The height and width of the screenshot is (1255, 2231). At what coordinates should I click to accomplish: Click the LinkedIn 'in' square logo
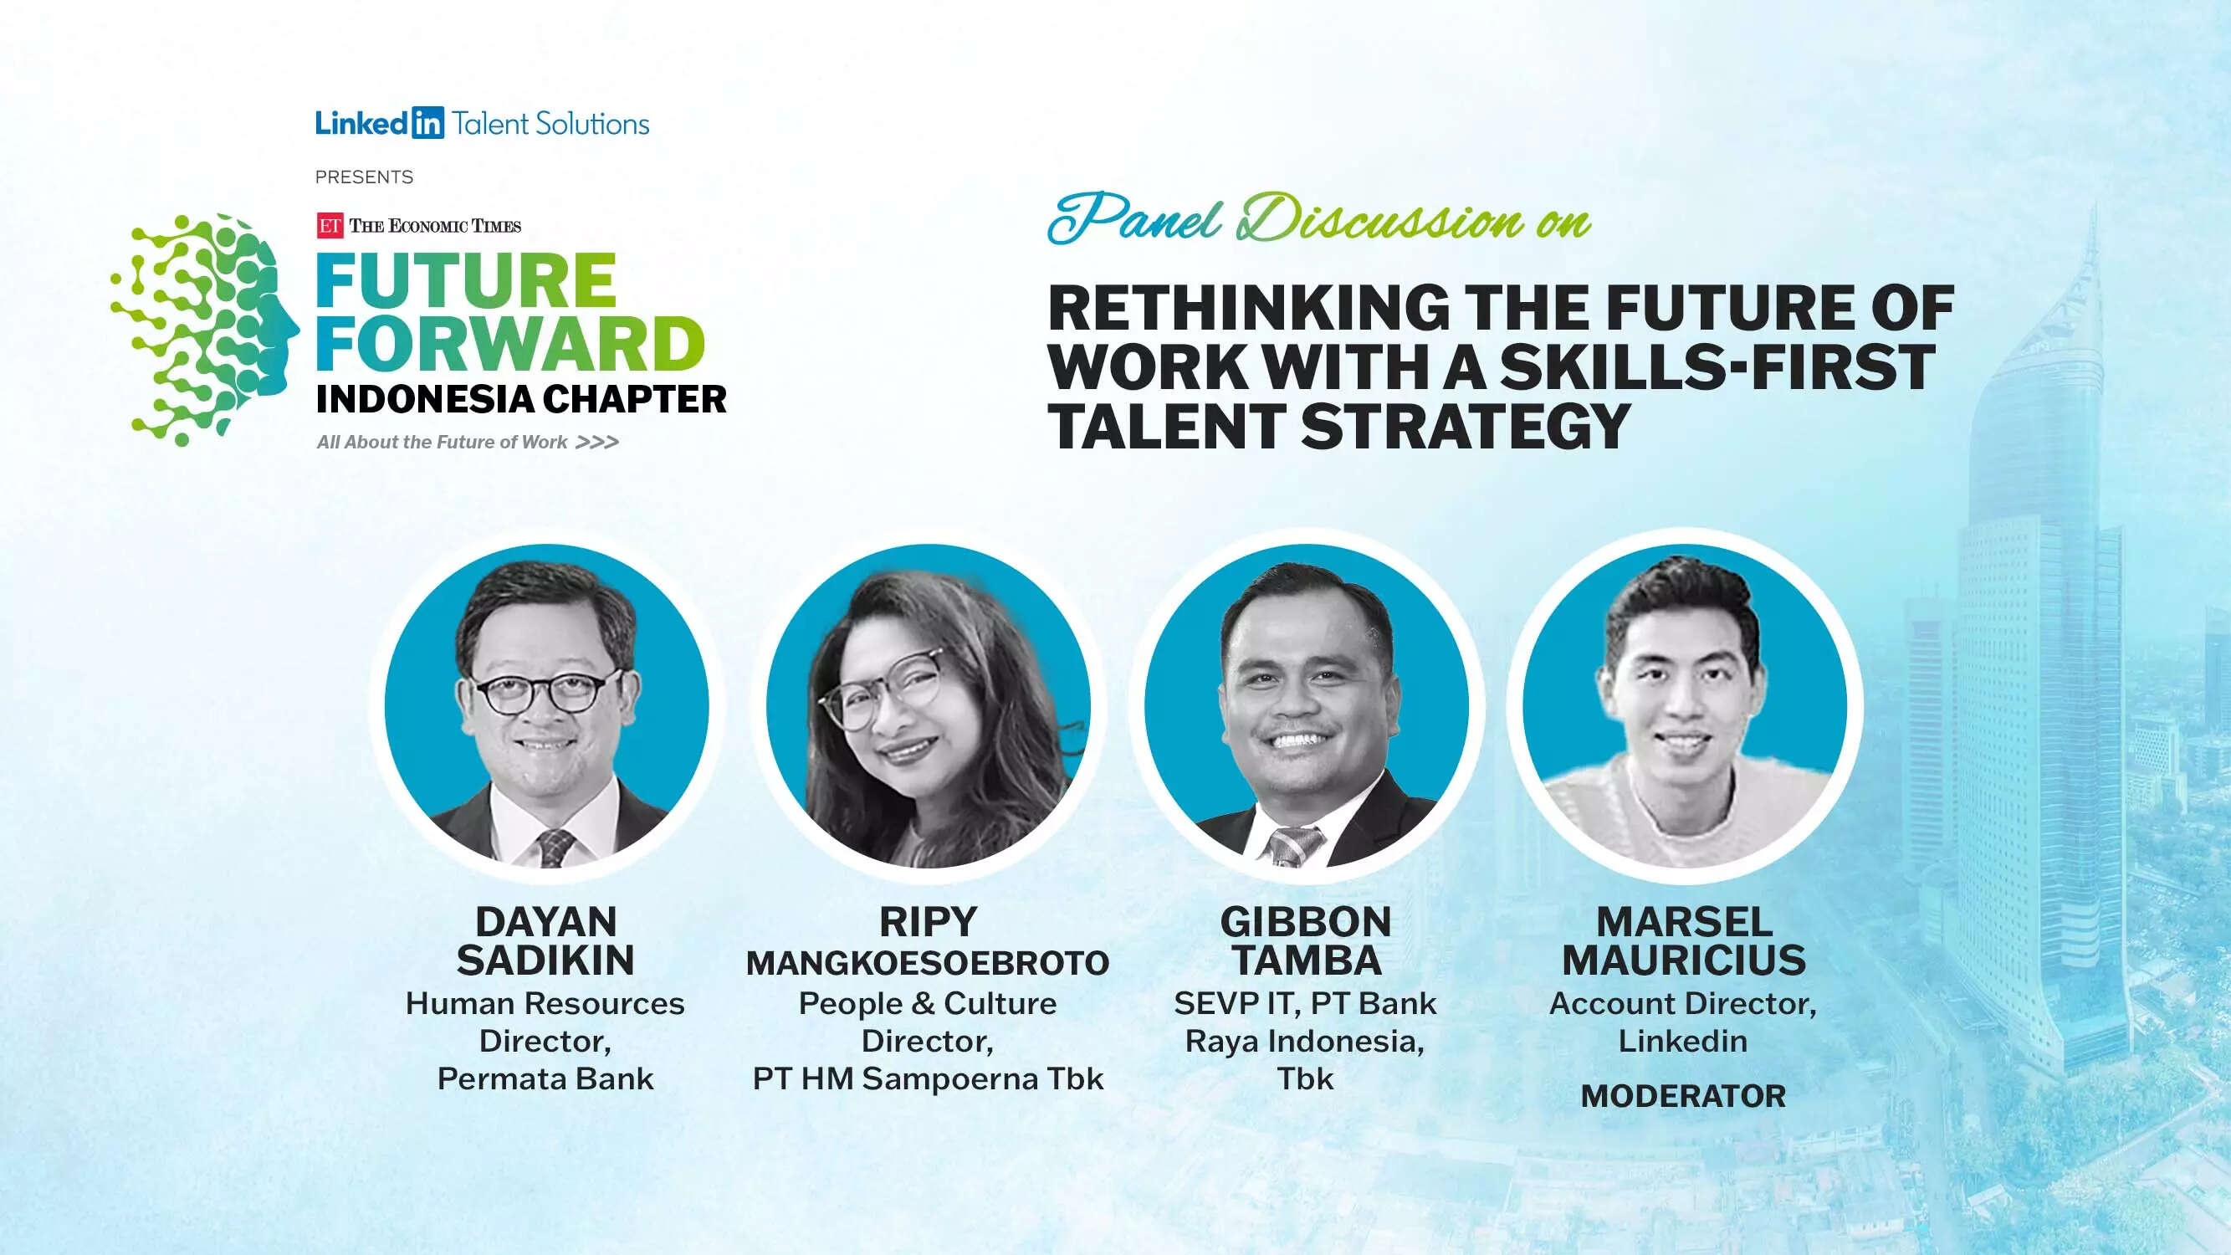[427, 124]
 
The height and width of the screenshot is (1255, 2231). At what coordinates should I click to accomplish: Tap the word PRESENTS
[364, 177]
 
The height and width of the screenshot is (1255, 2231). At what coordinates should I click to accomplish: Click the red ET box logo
[329, 226]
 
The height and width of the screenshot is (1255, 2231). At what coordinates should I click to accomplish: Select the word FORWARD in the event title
[510, 344]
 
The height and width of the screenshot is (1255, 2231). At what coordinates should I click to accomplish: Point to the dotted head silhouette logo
[204, 329]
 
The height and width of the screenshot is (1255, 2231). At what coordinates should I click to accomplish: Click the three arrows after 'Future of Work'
[597, 443]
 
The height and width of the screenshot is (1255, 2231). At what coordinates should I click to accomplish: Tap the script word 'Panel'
[1135, 218]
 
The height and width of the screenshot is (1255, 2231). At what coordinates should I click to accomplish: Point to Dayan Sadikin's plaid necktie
[555, 848]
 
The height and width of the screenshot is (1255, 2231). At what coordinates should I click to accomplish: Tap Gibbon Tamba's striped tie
[1292, 845]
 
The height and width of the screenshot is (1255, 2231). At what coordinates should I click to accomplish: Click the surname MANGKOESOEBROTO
[928, 963]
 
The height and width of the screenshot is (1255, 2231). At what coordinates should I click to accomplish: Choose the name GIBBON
[1305, 921]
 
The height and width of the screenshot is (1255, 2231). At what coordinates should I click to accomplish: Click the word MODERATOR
[1683, 1097]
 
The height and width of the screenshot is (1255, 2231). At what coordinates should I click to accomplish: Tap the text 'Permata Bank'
[545, 1079]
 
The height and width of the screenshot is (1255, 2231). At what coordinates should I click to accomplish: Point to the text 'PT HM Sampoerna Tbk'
[928, 1079]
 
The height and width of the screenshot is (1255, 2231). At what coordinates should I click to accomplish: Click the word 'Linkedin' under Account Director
[1683, 1041]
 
